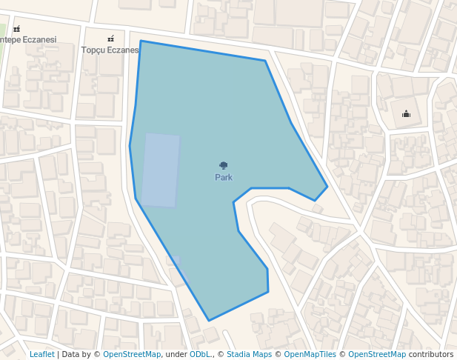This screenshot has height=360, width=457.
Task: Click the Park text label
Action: [x=224, y=178]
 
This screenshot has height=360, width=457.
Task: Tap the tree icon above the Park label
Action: [x=224, y=166]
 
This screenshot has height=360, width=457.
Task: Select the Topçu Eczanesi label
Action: [x=110, y=50]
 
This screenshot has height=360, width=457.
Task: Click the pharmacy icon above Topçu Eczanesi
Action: [x=111, y=39]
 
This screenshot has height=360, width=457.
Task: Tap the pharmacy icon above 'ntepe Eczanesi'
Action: [x=16, y=29]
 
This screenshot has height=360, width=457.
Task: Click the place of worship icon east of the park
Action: [x=406, y=114]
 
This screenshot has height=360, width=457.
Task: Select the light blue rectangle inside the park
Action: [x=161, y=170]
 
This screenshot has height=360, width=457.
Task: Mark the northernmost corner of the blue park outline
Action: [x=141, y=41]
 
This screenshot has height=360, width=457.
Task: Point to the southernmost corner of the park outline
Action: [x=209, y=321]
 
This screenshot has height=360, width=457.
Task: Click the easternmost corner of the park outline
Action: [x=327, y=186]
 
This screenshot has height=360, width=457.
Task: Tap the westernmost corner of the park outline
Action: [x=130, y=146]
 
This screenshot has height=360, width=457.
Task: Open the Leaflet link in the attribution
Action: [x=41, y=355]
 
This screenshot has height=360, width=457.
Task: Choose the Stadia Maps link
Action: [x=249, y=355]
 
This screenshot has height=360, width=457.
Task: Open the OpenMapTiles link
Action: [x=309, y=355]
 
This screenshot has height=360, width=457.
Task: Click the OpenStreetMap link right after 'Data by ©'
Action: [x=132, y=355]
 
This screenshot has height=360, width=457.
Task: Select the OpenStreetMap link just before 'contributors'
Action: [x=377, y=355]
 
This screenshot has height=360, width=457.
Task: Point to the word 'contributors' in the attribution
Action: [x=431, y=355]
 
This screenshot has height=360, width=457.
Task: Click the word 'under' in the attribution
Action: [x=176, y=355]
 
